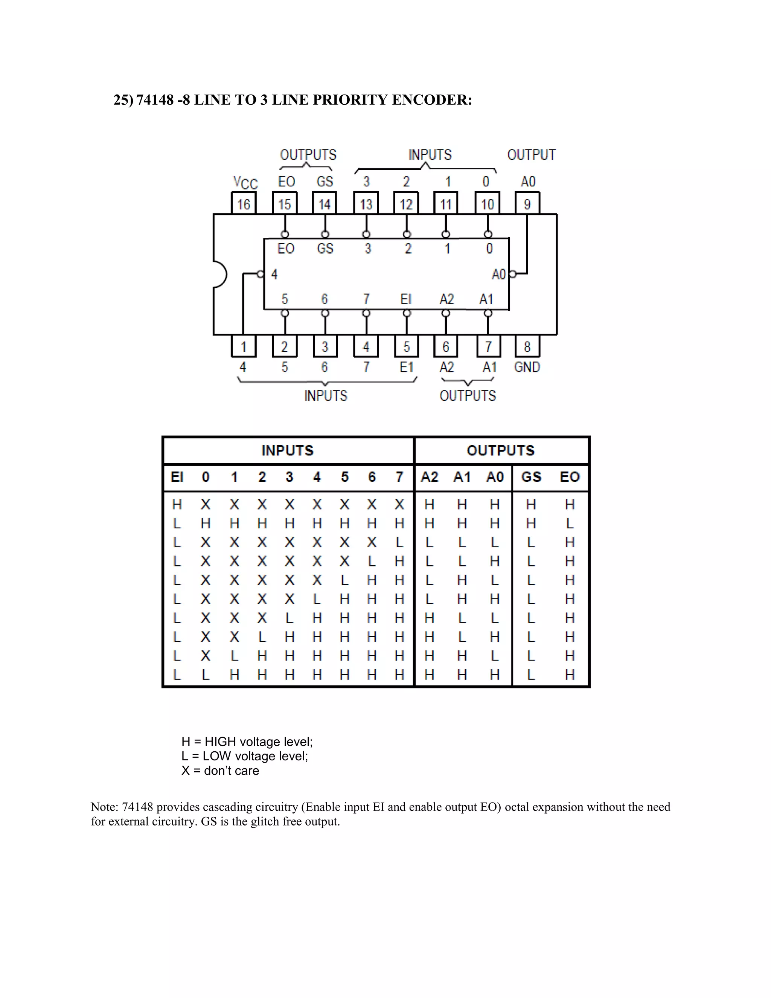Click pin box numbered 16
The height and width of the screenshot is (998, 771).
click(x=244, y=204)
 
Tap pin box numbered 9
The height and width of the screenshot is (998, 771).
click(x=527, y=204)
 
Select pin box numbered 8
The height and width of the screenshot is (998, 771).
click(x=527, y=347)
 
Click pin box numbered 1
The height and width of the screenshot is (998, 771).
click(x=244, y=347)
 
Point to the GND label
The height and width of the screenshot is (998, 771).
click(x=527, y=367)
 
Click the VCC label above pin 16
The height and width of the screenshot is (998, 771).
click(x=245, y=182)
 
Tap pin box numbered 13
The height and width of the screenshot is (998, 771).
click(x=366, y=204)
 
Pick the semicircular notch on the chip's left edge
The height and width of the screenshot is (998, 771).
click(x=220, y=274)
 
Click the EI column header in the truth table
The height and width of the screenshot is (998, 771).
click(x=177, y=477)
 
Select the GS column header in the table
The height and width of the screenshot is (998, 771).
click(x=531, y=477)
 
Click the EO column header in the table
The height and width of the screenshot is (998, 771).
click(x=570, y=477)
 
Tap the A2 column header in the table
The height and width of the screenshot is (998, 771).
click(x=429, y=477)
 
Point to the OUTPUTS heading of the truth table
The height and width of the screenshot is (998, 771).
click(x=500, y=450)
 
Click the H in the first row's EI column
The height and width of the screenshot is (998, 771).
click(x=177, y=505)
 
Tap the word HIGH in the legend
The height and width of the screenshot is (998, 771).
click(x=220, y=742)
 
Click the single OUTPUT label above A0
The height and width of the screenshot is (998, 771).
click(x=531, y=155)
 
